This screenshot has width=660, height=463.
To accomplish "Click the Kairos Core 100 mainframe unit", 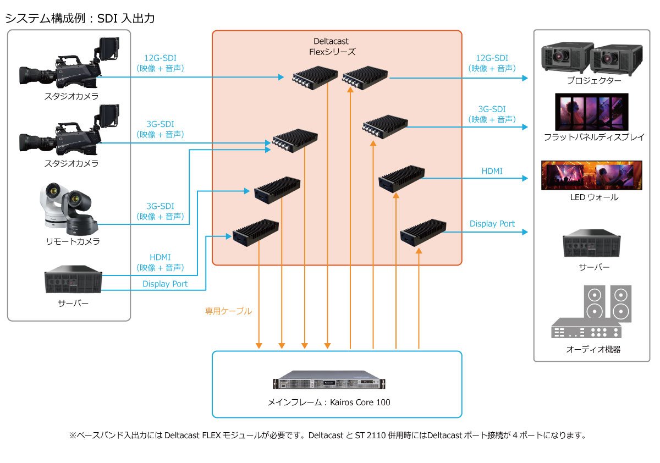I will [329, 382].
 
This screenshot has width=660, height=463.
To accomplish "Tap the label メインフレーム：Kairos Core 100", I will [329, 403].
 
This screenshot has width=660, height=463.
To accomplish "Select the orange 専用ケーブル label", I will [228, 311].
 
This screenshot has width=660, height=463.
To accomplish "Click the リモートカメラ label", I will [73, 241].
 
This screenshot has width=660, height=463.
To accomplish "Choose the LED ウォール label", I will [594, 197].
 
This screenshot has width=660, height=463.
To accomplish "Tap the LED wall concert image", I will [592, 175].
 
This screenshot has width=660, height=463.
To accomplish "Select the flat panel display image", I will [592, 112].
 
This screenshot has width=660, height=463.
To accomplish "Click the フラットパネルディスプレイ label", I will [594, 137].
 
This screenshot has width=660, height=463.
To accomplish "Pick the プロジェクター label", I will [594, 81].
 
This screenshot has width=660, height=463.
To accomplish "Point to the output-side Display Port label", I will [492, 224].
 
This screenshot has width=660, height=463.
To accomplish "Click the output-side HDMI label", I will [492, 172].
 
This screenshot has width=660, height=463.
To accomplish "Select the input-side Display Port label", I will [165, 284].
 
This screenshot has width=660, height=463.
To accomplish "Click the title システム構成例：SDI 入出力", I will [80, 18].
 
